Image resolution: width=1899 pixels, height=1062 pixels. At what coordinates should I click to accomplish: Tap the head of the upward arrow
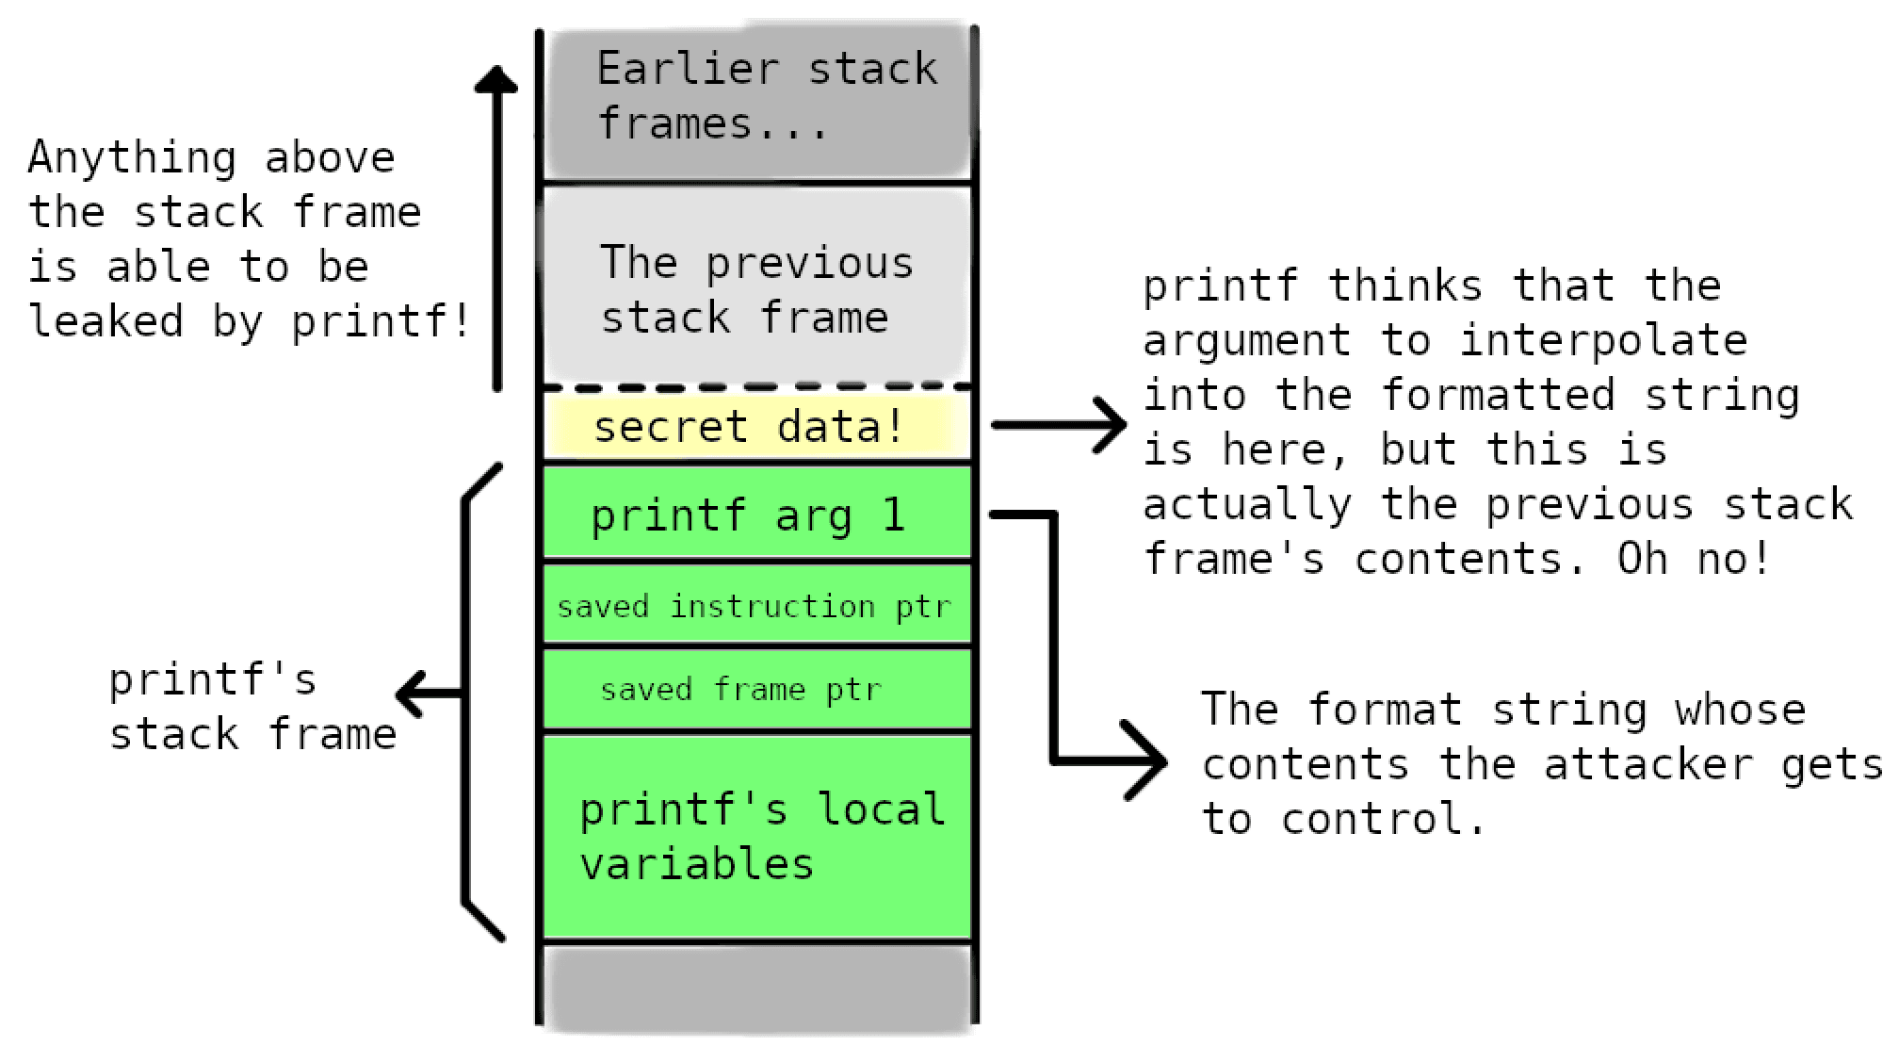496,79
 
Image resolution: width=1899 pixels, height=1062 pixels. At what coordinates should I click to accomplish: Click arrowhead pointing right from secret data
1112,425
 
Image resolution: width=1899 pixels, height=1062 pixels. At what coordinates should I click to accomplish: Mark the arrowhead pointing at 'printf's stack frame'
411,694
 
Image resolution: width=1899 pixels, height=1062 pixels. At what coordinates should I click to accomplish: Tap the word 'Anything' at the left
131,157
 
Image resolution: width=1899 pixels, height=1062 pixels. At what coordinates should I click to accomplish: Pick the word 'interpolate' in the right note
1603,340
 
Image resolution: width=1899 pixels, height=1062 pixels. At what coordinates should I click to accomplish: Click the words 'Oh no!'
1693,559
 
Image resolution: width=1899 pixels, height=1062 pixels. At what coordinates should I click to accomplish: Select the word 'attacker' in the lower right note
1648,764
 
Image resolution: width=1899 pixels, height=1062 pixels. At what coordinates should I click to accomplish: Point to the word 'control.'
1383,819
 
